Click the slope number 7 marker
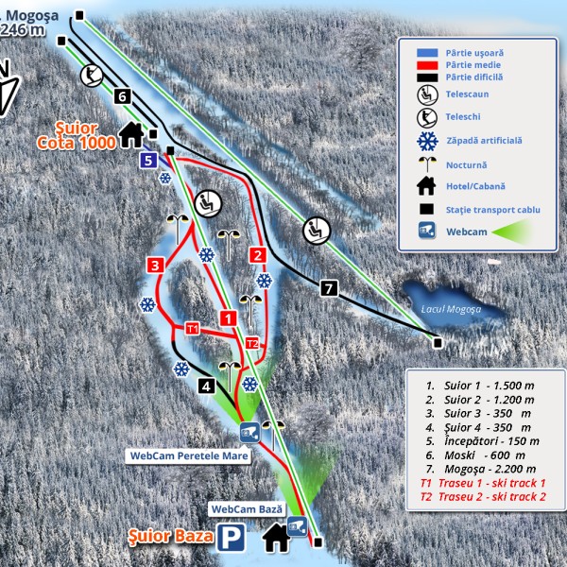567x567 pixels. tap(329, 288)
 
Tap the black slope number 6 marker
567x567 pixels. tap(121, 95)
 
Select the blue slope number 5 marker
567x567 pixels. tap(147, 160)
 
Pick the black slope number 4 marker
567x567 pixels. tap(207, 385)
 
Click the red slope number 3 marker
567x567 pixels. tap(155, 265)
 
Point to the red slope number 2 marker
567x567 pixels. tap(257, 255)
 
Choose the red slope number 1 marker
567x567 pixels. tap(227, 317)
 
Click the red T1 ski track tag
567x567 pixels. tap(192, 328)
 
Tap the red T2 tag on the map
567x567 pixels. tap(251, 342)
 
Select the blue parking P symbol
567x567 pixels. tap(229, 539)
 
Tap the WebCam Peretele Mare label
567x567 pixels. tap(181, 455)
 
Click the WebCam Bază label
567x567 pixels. tap(247, 508)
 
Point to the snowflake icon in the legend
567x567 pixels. tap(428, 141)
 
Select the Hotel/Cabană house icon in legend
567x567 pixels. tap(428, 185)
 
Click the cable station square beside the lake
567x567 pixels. tap(438, 341)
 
